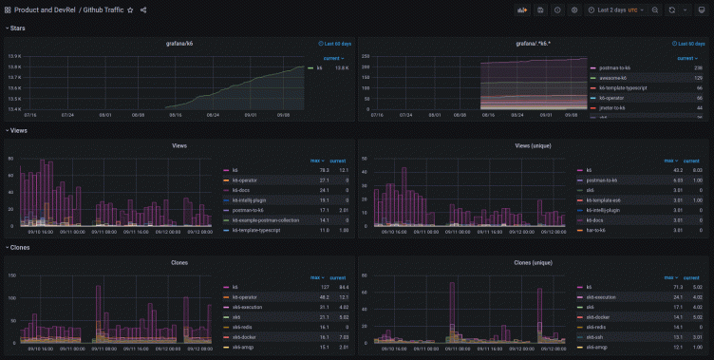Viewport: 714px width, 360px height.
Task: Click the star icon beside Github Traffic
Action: (x=130, y=9)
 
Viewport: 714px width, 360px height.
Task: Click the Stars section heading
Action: (x=18, y=28)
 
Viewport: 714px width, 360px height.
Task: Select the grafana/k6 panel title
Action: (x=179, y=43)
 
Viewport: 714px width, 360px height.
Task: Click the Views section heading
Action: (x=19, y=130)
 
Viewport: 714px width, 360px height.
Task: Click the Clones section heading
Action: (x=21, y=247)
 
